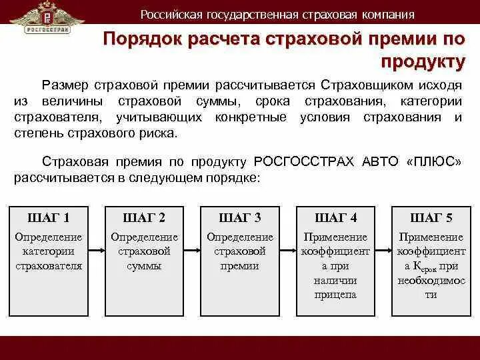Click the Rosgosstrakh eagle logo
coord(48,18)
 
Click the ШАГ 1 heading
coord(48,218)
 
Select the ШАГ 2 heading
coord(144,218)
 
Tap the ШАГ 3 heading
coord(240,218)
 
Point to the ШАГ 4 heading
coord(336,218)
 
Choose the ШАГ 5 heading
coord(431,218)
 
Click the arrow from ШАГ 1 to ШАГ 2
coord(96,251)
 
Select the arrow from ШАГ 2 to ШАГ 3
coord(192,251)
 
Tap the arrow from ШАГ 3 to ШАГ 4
coord(288,251)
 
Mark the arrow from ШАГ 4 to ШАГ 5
coord(384,251)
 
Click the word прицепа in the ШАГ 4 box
coord(336,294)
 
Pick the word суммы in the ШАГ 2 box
coord(144,265)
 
